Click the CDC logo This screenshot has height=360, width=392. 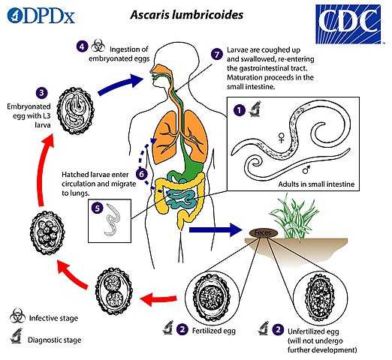[x=348, y=24]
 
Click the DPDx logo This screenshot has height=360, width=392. [x=41, y=16]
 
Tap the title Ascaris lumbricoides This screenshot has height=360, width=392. [x=187, y=15]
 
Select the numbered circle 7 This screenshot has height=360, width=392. [x=217, y=54]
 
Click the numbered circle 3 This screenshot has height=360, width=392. [x=42, y=93]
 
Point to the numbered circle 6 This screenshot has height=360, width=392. [x=142, y=174]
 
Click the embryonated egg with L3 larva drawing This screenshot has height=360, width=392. [x=76, y=111]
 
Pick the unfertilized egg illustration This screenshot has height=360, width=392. [x=320, y=296]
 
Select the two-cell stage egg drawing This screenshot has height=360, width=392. [x=114, y=292]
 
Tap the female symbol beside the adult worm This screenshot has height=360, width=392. [x=282, y=137]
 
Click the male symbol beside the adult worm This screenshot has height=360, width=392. [x=306, y=169]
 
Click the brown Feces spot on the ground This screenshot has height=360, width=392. [x=264, y=233]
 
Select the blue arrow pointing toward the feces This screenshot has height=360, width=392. [x=216, y=229]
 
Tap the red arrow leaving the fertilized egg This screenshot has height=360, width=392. [x=158, y=298]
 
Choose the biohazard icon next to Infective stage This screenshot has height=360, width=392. [x=17, y=316]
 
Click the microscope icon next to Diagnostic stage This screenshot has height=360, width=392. [x=17, y=336]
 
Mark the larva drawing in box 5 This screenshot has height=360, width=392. [x=112, y=220]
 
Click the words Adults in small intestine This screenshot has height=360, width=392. [x=316, y=184]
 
